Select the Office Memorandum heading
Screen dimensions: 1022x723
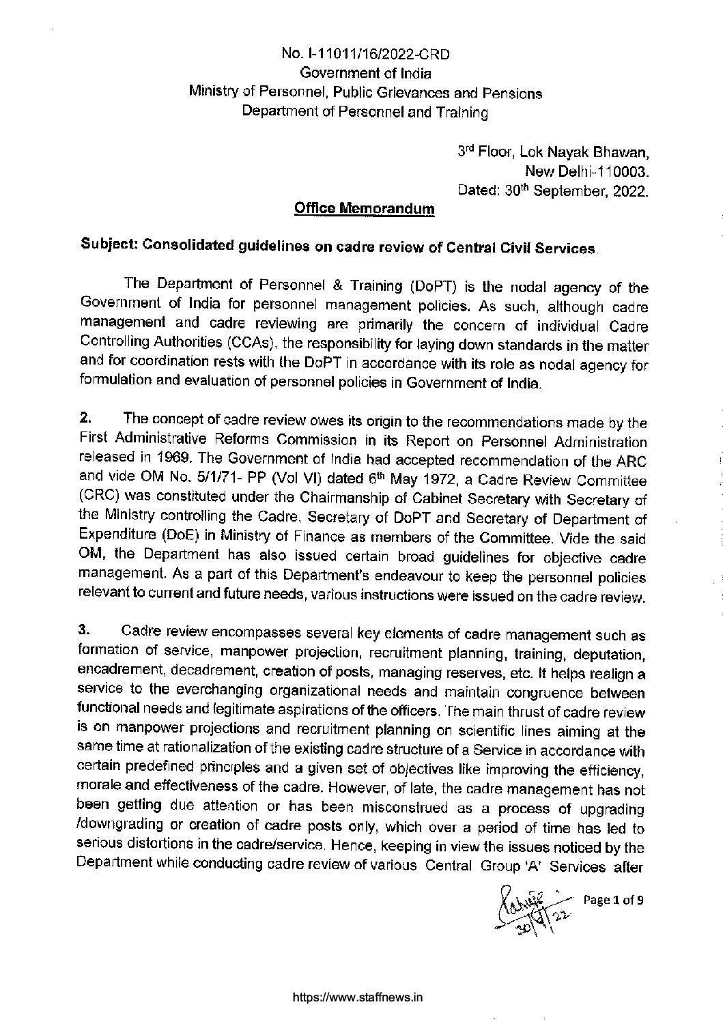pos(364,208)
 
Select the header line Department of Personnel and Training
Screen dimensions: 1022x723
pos(366,112)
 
